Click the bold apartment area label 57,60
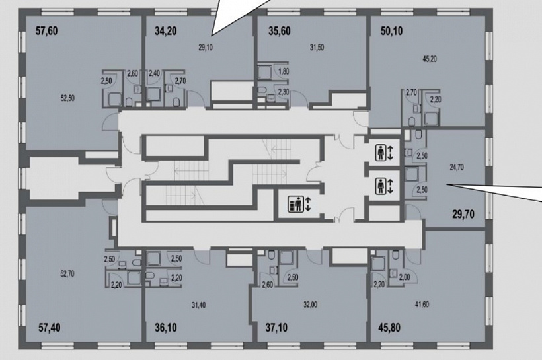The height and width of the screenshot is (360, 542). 47,31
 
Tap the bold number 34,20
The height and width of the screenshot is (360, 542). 165,31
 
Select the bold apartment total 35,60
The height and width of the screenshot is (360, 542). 280,31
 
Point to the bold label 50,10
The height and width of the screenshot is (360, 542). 392,31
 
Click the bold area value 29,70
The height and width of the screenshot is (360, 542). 463,214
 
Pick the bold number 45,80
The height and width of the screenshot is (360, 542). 389,327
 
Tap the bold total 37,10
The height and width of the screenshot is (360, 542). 276,327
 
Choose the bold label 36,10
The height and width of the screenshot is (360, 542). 166,327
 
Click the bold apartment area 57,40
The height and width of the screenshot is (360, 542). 50,327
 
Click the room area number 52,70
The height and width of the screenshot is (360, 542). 67,274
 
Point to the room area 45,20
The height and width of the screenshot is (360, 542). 430,59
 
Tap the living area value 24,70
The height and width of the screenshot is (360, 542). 457,168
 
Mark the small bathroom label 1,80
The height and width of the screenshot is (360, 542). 284,72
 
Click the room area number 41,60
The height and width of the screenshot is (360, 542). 422,305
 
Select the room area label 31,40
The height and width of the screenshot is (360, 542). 199,305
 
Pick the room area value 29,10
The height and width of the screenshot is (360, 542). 206,48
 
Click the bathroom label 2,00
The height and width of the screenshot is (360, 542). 405,277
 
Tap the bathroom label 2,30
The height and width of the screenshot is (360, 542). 284,92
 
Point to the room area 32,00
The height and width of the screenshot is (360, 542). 311,305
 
